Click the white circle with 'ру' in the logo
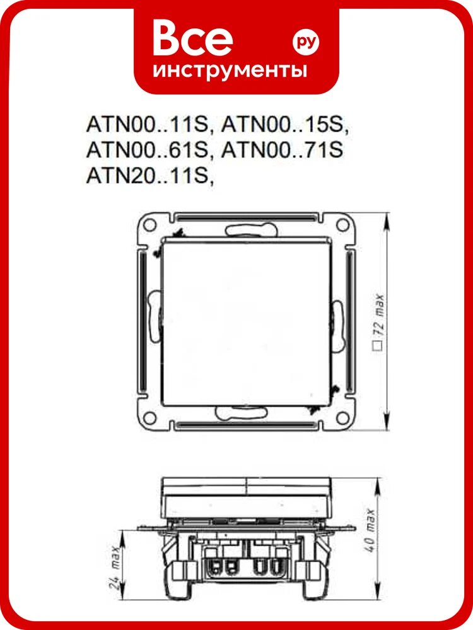[x=306, y=42]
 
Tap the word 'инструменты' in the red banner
[x=230, y=71]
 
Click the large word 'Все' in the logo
[x=192, y=38]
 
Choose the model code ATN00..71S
[x=283, y=151]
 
